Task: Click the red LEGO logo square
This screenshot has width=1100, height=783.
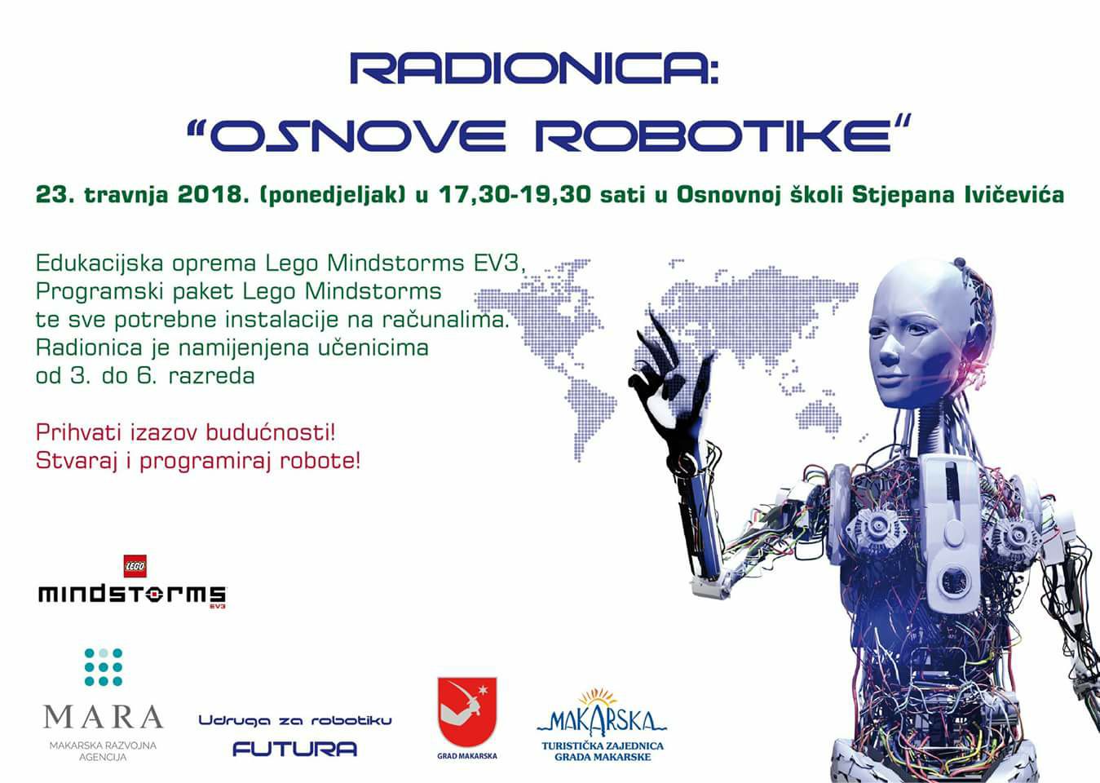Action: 135,566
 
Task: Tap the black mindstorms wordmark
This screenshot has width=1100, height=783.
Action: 132,595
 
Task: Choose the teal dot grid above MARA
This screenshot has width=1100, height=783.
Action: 103,667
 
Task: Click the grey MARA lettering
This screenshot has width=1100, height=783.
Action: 103,717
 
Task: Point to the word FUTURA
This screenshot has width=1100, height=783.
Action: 294,749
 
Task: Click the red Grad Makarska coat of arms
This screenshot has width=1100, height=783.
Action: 467,712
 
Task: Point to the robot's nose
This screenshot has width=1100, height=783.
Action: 887,352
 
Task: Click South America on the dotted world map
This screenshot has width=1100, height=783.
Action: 590,413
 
